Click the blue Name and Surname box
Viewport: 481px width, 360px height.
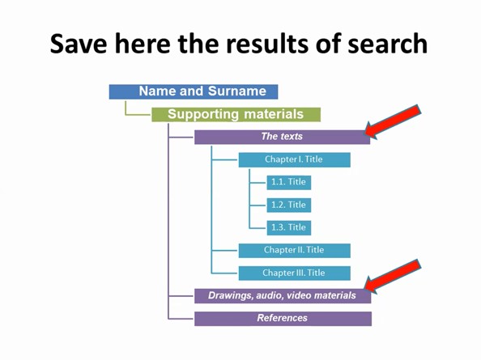click(194, 91)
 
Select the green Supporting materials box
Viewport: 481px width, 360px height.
click(236, 115)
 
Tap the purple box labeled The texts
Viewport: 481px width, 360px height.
click(283, 137)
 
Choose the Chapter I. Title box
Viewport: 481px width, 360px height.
click(295, 159)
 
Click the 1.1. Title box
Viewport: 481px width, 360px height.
click(288, 182)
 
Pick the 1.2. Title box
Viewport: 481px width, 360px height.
click(288, 205)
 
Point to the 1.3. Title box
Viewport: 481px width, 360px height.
click(288, 227)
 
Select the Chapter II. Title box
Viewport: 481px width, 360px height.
click(295, 250)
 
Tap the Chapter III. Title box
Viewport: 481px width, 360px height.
click(295, 273)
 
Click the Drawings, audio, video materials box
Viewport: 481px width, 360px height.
click(283, 295)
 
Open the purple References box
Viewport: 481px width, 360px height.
click(283, 319)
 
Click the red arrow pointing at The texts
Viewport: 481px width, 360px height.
click(393, 122)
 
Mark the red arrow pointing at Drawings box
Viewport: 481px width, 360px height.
click(393, 277)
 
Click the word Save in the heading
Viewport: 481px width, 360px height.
click(79, 44)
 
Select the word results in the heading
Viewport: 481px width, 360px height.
click(267, 44)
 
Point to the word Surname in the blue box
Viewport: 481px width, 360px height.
click(237, 91)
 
